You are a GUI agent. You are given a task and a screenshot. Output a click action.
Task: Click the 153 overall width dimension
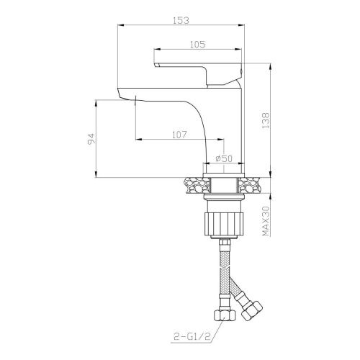181,20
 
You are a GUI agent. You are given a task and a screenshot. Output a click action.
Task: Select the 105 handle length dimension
198,45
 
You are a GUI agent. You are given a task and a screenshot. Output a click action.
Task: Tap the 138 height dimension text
266,120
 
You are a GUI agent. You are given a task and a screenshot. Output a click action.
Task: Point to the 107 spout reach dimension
179,135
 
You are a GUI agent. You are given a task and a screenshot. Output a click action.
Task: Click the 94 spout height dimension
91,139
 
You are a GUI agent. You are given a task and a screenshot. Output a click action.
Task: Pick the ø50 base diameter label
224,158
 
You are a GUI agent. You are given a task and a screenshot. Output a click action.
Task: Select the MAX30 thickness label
266,221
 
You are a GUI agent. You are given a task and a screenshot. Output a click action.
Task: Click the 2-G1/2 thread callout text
192,336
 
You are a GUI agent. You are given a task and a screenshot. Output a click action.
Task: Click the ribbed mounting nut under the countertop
224,223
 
